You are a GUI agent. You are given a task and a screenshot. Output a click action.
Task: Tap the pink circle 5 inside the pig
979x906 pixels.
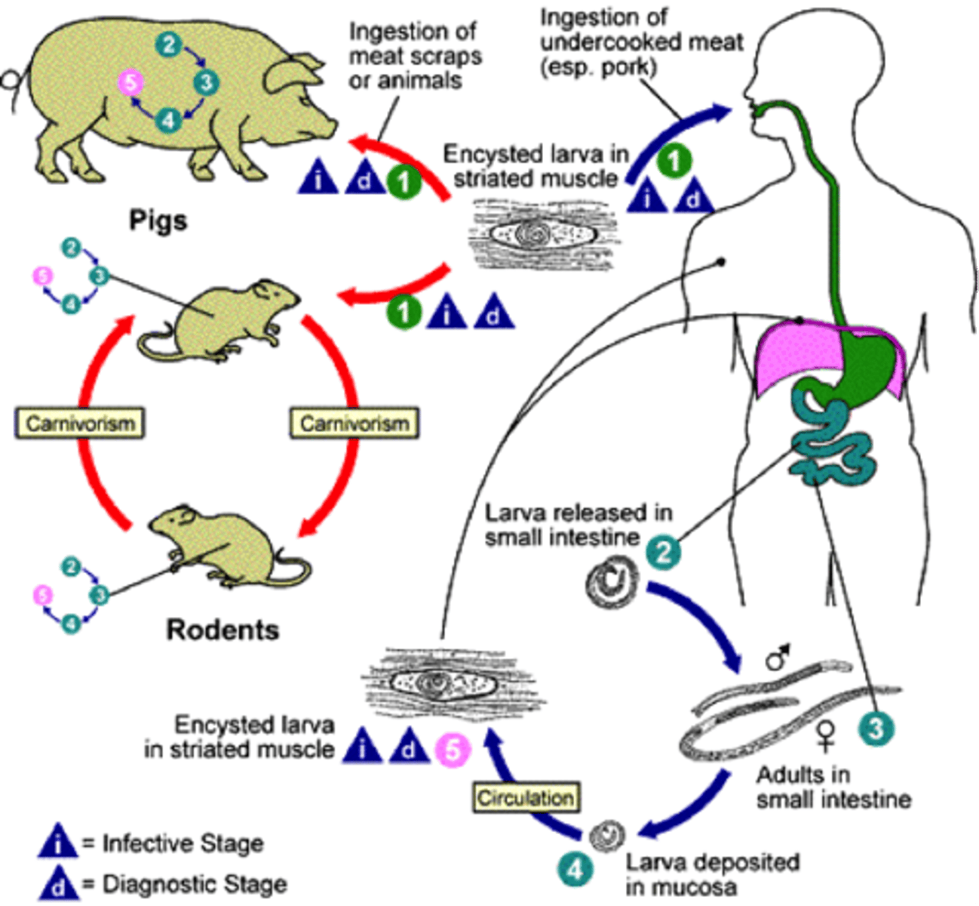[x=130, y=82]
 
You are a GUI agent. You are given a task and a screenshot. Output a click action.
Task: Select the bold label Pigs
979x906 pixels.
[x=158, y=220]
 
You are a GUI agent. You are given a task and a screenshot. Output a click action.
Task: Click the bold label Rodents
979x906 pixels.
[x=222, y=630]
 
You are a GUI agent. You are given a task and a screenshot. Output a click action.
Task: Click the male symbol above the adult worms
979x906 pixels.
[x=778, y=656]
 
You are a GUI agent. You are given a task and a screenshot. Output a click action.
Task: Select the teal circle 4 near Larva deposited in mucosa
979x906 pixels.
[x=575, y=870]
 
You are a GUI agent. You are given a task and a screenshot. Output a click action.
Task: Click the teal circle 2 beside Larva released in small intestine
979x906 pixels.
[x=663, y=552]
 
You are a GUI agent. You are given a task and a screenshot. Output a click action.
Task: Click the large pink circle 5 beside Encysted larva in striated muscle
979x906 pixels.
[x=453, y=750]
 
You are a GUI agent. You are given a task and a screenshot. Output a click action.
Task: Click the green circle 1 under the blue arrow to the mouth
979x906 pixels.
[x=674, y=160]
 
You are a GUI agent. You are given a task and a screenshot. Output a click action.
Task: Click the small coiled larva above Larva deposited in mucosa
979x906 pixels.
[x=607, y=836]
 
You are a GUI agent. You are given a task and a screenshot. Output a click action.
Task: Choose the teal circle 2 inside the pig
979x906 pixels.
[x=169, y=45]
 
